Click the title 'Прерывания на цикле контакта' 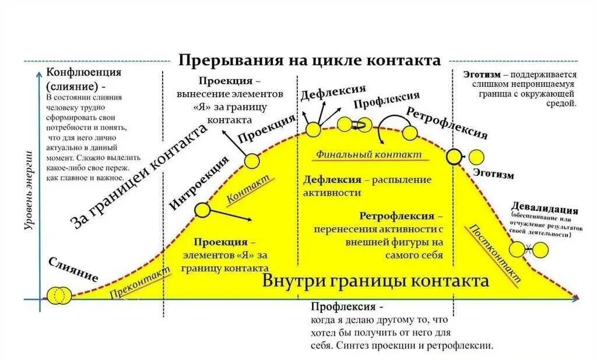(309, 60)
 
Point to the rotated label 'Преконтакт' (141, 283)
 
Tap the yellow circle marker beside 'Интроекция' (202, 210)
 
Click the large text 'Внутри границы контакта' (375, 281)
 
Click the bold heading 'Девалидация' (545, 210)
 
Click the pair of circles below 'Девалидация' (528, 249)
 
